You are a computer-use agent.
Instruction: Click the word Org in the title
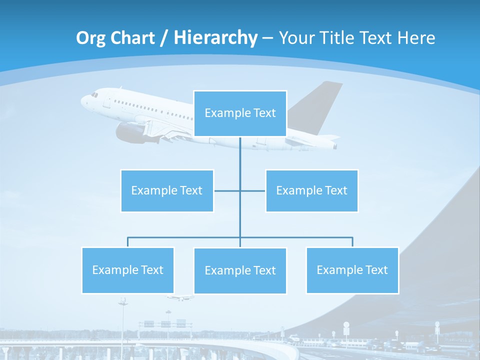[91, 38]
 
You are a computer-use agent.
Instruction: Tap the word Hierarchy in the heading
[215, 38]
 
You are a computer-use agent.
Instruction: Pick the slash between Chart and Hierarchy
[163, 38]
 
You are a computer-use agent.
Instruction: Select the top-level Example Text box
[240, 113]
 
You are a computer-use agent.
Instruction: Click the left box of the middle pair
[167, 190]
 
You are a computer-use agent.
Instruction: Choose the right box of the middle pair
[311, 190]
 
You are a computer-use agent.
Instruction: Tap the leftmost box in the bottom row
[127, 270]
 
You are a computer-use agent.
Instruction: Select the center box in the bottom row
[240, 270]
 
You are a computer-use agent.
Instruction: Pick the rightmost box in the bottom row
[352, 270]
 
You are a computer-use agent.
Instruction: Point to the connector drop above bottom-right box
[352, 242]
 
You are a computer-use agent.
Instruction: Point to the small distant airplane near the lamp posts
[180, 297]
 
